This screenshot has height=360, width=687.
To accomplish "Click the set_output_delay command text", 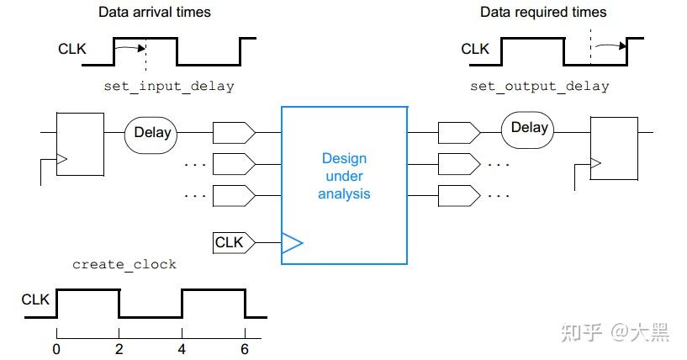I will coord(539,86).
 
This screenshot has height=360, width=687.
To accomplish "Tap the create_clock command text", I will coord(124,264).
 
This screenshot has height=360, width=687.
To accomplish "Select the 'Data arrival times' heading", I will coord(155,12).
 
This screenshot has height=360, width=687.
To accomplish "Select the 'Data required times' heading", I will coord(543,12).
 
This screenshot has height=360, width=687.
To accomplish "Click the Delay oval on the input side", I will coord(151,132).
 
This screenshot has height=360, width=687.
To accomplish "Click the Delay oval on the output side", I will coord(529,128).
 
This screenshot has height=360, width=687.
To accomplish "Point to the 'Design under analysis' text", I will coord(344,177).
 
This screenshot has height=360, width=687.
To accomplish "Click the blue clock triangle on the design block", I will coord(291,243).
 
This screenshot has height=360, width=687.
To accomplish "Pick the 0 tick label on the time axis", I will coord(56,347).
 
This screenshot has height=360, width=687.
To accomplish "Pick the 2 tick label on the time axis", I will coord(119,347).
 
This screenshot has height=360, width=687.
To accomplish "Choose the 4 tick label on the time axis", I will coord(182,347).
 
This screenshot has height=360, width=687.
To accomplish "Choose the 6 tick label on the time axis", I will coord(245,347).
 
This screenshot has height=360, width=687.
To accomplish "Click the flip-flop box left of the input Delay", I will coord(79,143).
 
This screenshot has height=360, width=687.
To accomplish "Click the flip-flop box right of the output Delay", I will coord(614,148).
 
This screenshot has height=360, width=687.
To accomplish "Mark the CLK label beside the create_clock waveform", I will coord(35,299).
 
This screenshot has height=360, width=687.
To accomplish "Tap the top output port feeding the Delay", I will coord(458,132).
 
